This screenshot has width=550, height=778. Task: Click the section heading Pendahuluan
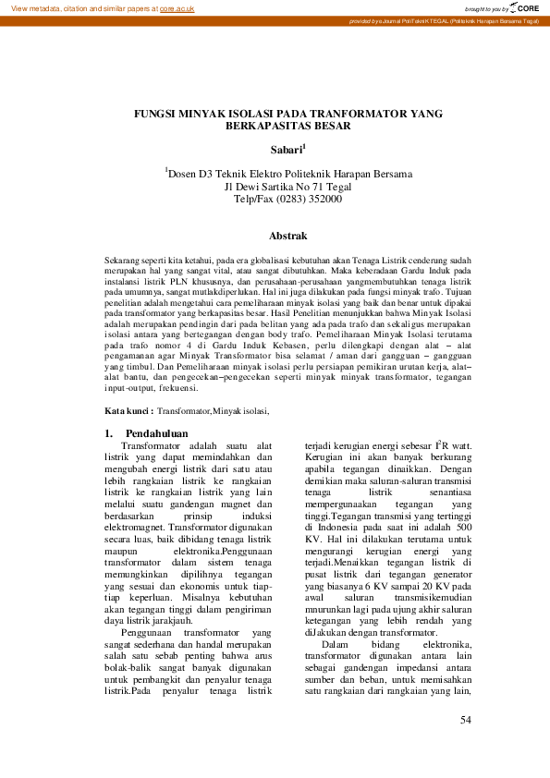(x=156, y=432)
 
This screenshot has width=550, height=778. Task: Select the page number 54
(x=466, y=719)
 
